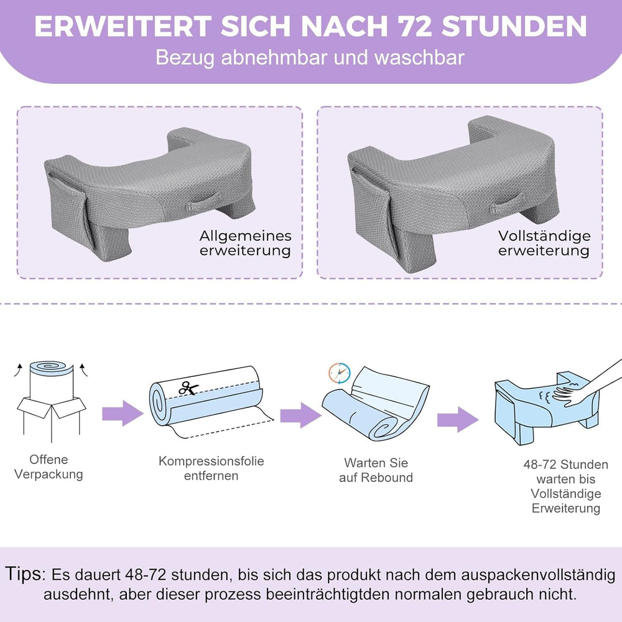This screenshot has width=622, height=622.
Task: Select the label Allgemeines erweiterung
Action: (x=245, y=243)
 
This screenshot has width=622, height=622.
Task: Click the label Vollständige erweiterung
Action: (x=544, y=243)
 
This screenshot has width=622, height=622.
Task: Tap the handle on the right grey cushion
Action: (x=506, y=203)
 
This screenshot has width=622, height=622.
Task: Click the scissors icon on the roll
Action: (x=188, y=388)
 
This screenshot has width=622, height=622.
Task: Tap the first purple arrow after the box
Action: (x=123, y=414)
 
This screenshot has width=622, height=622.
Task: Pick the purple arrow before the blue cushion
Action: (x=458, y=419)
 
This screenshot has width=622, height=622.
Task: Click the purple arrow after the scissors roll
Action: (x=300, y=415)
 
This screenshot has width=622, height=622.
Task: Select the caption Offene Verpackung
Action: (x=49, y=467)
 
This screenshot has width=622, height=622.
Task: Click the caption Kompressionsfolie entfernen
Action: (x=211, y=468)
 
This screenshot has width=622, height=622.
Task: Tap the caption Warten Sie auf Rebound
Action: (x=376, y=470)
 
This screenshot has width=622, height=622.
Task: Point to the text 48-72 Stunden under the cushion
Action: (x=565, y=465)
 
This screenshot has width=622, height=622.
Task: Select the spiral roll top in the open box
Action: (x=52, y=368)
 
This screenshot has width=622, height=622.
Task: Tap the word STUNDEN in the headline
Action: (x=514, y=27)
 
